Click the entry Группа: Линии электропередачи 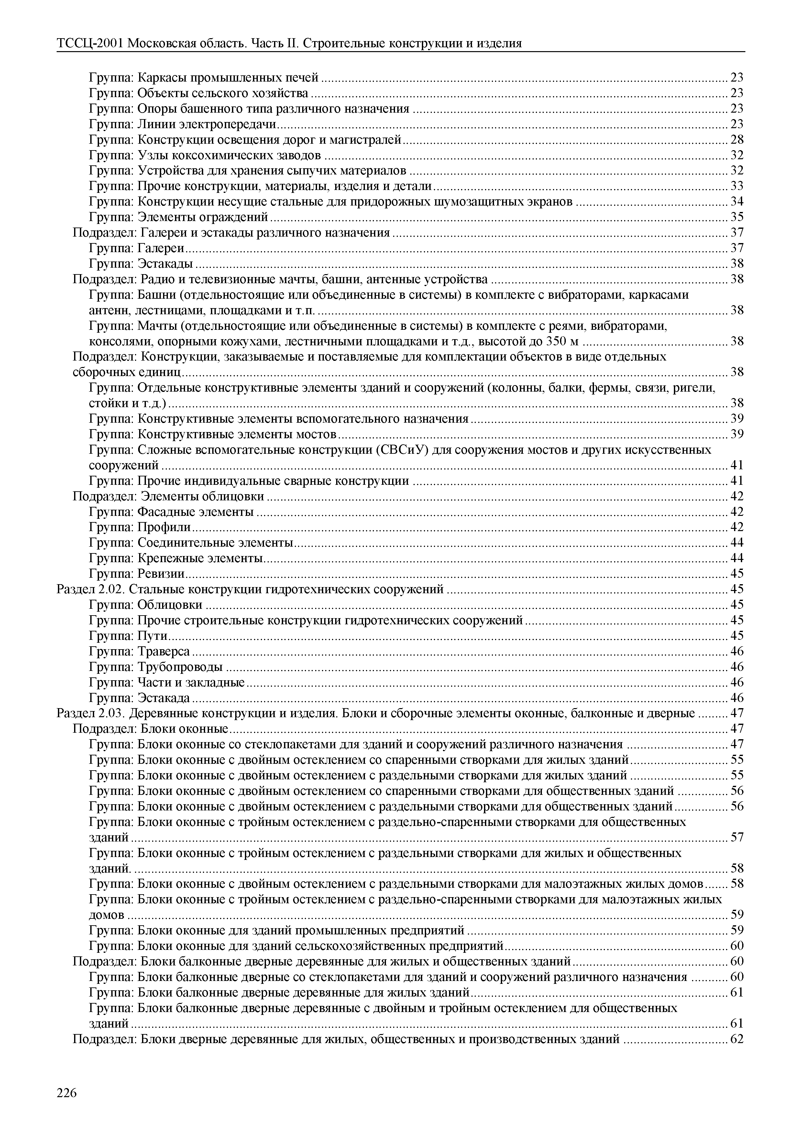tap(182, 124)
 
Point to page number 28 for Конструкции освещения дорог tap(737, 139)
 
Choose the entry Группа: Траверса tap(139, 651)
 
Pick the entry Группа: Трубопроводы tap(156, 667)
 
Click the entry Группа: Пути tap(128, 636)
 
